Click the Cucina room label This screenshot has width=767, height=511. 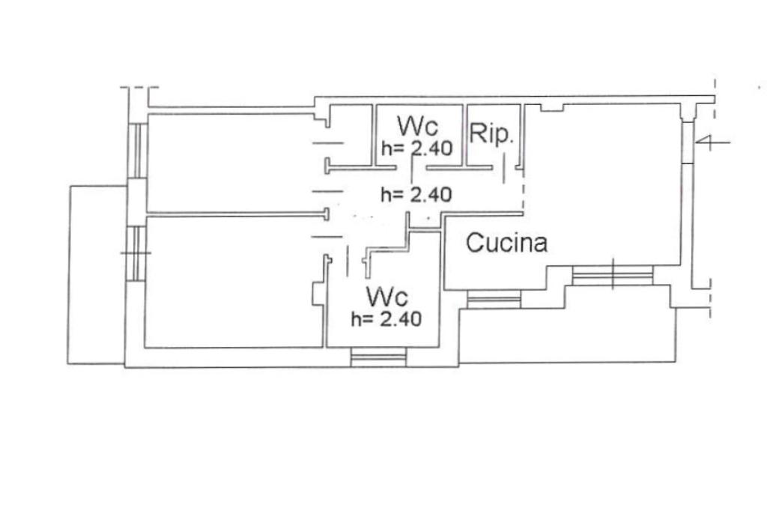(x=507, y=243)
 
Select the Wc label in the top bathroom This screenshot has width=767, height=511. (x=418, y=124)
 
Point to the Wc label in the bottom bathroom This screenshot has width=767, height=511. (x=386, y=293)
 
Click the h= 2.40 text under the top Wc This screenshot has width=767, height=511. (x=416, y=148)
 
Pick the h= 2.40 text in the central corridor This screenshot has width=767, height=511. (x=416, y=195)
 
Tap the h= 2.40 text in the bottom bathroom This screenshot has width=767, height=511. (x=386, y=318)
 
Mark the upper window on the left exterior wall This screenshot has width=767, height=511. (x=136, y=150)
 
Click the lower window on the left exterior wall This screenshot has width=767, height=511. (x=135, y=253)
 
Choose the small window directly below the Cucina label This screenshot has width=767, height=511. (x=493, y=301)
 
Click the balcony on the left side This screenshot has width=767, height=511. (x=96, y=273)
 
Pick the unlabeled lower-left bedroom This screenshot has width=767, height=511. (x=228, y=281)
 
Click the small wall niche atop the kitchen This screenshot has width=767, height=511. (x=552, y=108)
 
